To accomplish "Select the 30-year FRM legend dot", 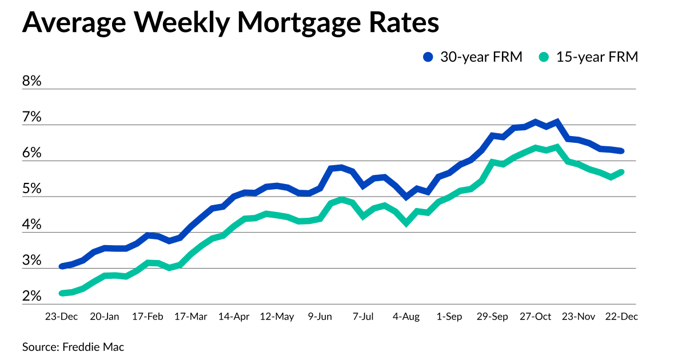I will point(428,57).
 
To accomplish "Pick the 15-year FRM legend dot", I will point(544,57).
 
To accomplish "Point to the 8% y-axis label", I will point(32,81).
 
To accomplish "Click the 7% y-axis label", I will point(32,117).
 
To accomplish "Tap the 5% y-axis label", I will point(32,189).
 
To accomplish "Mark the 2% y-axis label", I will point(32,297).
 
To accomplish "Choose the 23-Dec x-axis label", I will point(61,316).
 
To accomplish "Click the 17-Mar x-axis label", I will point(190,316).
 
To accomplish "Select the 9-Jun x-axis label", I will point(320,316).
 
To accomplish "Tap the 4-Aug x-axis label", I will point(406,316).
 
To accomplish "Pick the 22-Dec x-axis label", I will point(622,316).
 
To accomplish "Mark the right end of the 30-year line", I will point(621,151).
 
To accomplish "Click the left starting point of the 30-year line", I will point(61,266).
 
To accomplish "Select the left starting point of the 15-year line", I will point(61,293).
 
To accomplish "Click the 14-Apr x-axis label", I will point(234,316).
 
